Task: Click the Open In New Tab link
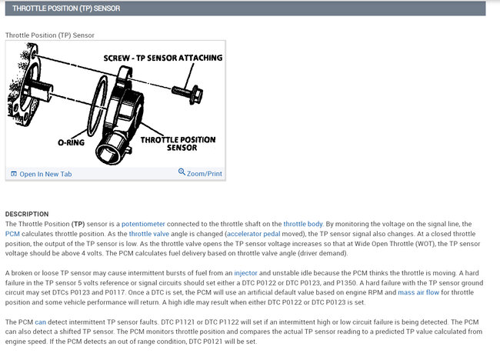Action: coord(45,174)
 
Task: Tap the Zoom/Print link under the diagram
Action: coord(204,173)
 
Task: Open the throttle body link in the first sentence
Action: coord(303,223)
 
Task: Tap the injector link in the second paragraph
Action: coord(246,273)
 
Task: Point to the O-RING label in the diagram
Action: coord(71,142)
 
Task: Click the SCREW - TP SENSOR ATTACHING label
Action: coord(162,58)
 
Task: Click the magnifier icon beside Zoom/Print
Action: coord(182,172)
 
